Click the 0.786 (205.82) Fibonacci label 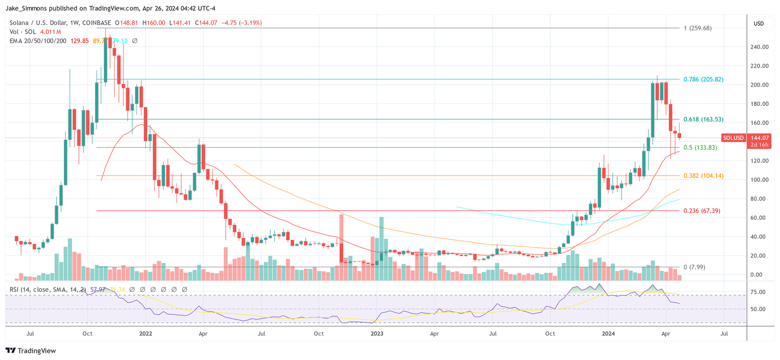click(x=703, y=80)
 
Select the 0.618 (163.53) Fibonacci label click(x=703, y=120)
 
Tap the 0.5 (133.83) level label click(x=700, y=148)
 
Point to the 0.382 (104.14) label click(x=703, y=176)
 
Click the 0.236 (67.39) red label click(x=702, y=211)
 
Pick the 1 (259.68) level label click(x=697, y=28)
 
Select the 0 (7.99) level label click(x=694, y=267)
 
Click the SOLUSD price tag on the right click(x=733, y=138)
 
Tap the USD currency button click(x=759, y=24)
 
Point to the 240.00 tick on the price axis click(x=759, y=47)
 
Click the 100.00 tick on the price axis click(x=759, y=180)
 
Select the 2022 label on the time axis click(x=145, y=334)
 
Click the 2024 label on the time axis click(x=608, y=334)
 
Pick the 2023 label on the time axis click(x=377, y=334)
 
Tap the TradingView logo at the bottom click(x=31, y=351)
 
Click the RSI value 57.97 click(x=97, y=290)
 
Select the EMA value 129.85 click(x=79, y=41)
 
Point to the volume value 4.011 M click(x=50, y=32)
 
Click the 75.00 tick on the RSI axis click(x=759, y=292)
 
